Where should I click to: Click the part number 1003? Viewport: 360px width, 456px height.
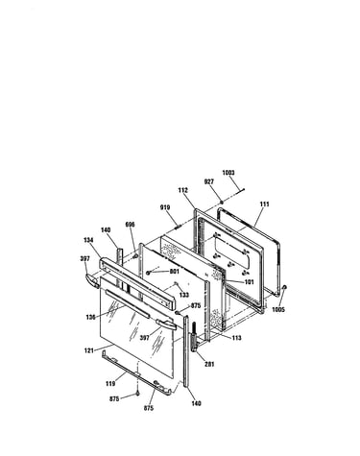coord(228,173)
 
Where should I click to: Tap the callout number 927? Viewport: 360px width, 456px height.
coord(209,181)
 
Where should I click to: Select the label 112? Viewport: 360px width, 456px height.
coord(182,190)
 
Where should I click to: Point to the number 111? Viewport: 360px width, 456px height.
coord(264,204)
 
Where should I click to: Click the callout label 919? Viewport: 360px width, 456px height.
coord(165,207)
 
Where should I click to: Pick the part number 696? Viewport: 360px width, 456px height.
coord(131,225)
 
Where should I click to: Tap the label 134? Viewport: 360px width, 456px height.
coord(88,240)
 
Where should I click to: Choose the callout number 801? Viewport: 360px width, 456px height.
coord(174,272)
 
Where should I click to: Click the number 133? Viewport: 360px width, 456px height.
coord(184,295)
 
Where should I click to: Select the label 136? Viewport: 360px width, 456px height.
coord(91,317)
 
